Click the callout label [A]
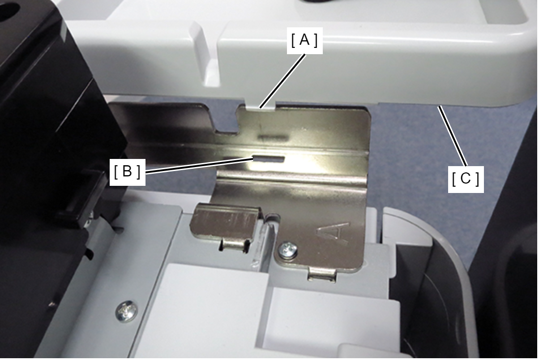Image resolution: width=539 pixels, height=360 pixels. pyautogui.click(x=304, y=40)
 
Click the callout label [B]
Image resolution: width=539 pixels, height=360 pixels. pyautogui.click(x=127, y=172)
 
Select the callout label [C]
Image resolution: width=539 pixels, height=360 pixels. pyautogui.click(x=466, y=179)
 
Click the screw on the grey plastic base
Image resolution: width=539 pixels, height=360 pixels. pyautogui.click(x=127, y=312)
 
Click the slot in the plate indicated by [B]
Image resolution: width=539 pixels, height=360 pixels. pyautogui.click(x=269, y=159)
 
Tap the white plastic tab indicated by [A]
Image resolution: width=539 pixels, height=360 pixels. pyautogui.click(x=261, y=106)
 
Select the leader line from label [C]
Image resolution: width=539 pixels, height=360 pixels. pyautogui.click(x=453, y=136)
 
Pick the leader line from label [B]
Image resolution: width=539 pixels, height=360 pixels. pyautogui.click(x=199, y=165)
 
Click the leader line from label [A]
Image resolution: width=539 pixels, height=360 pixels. pyautogui.click(x=283, y=81)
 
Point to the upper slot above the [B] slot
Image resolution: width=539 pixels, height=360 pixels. pyautogui.click(x=272, y=137)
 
